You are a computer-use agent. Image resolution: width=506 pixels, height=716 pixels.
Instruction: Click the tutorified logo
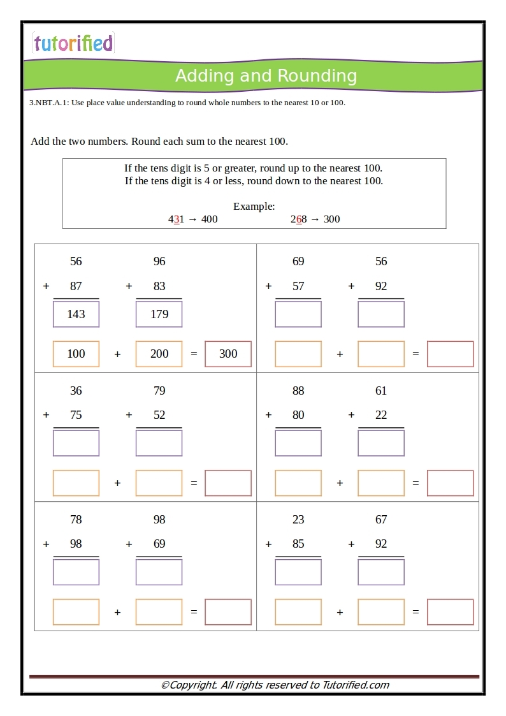[x=73, y=43]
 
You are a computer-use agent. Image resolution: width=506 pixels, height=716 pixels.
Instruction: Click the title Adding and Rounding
[x=266, y=76]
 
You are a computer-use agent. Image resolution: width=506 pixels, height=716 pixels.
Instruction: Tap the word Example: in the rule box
[x=254, y=206]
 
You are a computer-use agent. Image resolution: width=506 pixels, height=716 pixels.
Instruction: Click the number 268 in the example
[x=299, y=219]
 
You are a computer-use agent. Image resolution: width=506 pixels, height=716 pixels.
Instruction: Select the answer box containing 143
[x=76, y=314]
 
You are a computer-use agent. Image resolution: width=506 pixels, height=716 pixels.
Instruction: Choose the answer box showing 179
[x=159, y=314]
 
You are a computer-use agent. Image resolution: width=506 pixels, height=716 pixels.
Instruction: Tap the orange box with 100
[x=76, y=354]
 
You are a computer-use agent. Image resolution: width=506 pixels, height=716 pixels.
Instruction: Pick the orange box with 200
[x=159, y=354]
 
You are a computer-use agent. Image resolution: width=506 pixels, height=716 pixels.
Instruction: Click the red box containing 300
[x=228, y=354]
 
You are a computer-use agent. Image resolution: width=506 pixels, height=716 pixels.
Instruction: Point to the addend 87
[x=76, y=286]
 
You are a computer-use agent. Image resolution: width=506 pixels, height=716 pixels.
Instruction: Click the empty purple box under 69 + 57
[x=298, y=314]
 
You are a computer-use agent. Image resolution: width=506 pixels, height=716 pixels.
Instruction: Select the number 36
[x=76, y=391]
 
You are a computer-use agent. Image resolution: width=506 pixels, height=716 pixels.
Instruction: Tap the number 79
[x=159, y=391]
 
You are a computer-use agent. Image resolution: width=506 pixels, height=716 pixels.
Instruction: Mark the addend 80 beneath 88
[x=298, y=415]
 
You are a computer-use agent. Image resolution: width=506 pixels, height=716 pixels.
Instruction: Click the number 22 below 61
[x=381, y=415]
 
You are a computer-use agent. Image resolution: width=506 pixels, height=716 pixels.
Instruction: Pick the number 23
[x=298, y=520]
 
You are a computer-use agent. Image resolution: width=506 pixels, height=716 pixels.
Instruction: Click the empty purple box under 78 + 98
[x=76, y=572]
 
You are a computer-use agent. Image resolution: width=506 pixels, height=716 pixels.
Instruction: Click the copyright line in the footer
[x=275, y=685]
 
